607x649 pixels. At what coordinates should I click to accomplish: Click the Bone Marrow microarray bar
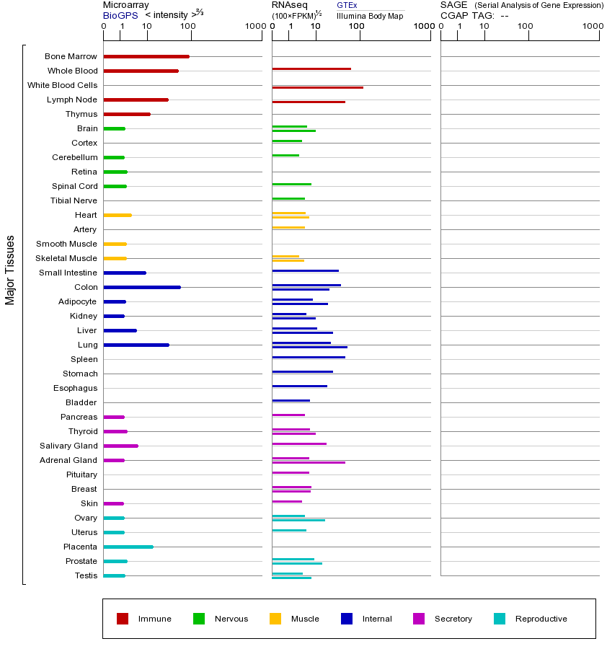click(146, 56)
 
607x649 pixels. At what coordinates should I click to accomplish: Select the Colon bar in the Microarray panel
click(142, 287)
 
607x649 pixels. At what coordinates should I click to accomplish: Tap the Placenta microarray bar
click(128, 547)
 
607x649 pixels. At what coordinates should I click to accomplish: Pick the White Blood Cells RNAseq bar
click(317, 87)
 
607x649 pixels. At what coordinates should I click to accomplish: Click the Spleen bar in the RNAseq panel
click(309, 357)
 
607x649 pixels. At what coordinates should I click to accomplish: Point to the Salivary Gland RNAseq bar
click(299, 443)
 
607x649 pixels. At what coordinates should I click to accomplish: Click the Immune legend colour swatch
click(123, 619)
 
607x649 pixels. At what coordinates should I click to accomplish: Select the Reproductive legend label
click(541, 619)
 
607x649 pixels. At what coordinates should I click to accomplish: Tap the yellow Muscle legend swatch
click(275, 619)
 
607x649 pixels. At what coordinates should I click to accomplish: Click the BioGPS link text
click(119, 15)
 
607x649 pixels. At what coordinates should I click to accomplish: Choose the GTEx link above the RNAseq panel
click(347, 5)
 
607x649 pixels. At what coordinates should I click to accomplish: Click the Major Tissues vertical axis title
click(10, 270)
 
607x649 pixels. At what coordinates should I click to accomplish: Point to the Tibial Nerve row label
click(74, 200)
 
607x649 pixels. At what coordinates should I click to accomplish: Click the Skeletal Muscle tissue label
click(66, 258)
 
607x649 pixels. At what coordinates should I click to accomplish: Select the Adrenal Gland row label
click(68, 460)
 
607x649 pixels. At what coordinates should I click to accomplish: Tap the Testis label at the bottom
click(86, 575)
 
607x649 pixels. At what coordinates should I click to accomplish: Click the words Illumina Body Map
click(370, 16)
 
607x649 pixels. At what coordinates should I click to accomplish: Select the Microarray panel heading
click(126, 5)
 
